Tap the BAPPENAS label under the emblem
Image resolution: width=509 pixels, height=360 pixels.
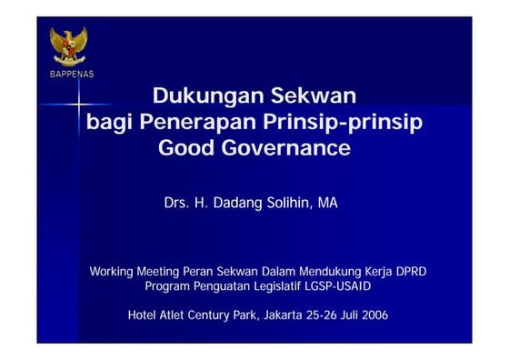[x=71, y=74]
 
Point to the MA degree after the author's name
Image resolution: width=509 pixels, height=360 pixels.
[x=327, y=203]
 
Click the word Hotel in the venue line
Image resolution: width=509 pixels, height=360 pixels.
[x=144, y=315]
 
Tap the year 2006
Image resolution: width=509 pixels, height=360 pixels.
[x=374, y=315]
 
